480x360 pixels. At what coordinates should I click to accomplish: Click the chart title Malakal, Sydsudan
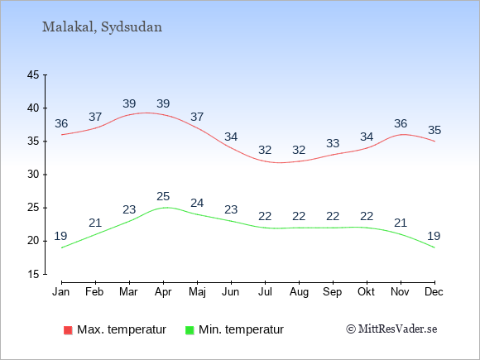tap(102, 27)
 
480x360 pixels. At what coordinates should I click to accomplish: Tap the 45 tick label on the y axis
tap(33, 74)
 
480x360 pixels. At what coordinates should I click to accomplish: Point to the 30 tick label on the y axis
tap(33, 175)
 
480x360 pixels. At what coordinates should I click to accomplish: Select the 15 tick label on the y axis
tap(33, 274)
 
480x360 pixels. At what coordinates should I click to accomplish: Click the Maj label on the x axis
tap(197, 292)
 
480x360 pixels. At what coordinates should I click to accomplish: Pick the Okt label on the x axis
tap(366, 292)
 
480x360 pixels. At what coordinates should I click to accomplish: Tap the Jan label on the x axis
tap(61, 292)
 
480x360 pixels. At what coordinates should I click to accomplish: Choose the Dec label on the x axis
tap(434, 292)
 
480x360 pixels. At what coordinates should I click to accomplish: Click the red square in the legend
tap(68, 330)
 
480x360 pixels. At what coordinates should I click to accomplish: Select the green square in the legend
tap(190, 330)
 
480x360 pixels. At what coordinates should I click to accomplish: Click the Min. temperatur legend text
tap(241, 329)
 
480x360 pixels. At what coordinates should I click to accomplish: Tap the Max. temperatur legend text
tap(122, 329)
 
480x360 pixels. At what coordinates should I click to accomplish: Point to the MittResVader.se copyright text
tap(391, 329)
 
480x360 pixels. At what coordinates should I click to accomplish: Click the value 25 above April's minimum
tap(163, 196)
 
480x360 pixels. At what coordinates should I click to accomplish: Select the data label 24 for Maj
tap(197, 203)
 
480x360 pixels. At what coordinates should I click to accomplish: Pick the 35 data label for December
tap(434, 130)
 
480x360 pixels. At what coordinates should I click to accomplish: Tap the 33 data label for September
tap(333, 143)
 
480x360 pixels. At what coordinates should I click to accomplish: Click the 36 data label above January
tap(61, 123)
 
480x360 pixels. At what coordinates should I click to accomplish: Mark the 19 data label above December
tap(434, 236)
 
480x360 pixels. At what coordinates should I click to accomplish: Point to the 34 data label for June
tap(231, 137)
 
